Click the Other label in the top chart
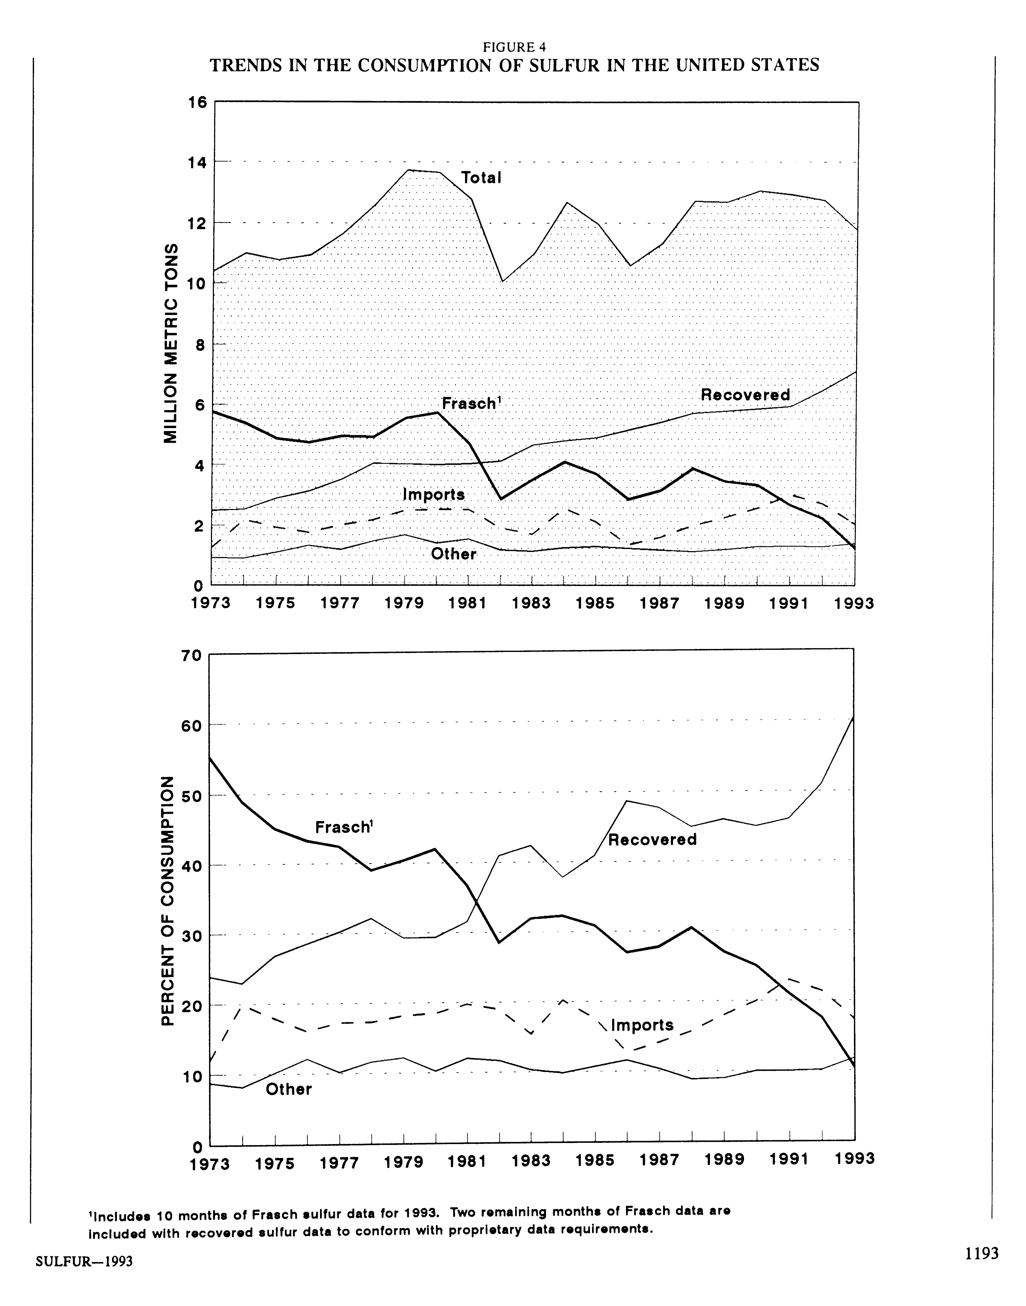tap(454, 554)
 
